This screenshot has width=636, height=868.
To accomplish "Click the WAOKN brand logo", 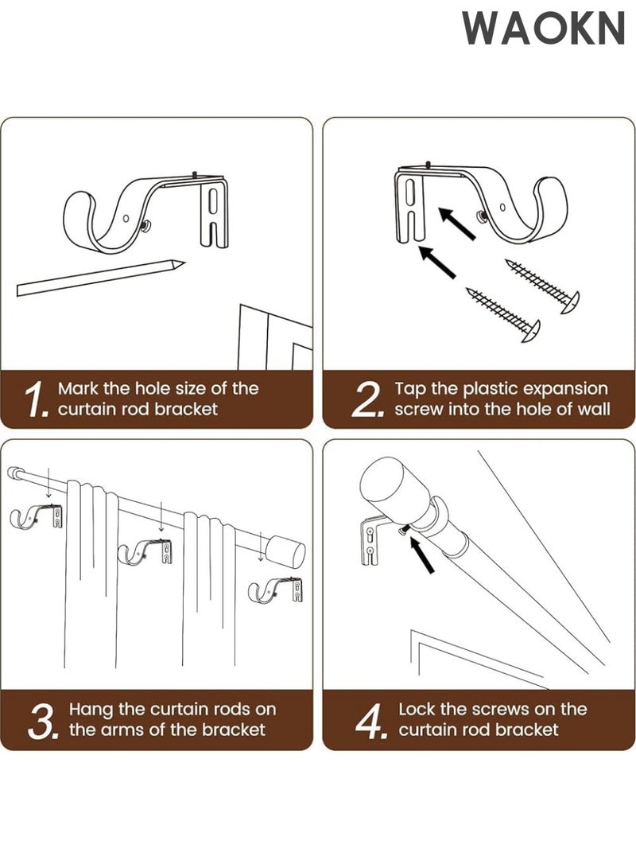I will (544, 29).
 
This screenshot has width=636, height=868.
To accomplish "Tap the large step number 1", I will (37, 399).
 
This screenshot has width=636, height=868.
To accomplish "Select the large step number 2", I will (368, 399).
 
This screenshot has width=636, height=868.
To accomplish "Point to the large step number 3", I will (41, 719).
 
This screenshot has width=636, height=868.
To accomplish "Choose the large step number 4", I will (370, 719).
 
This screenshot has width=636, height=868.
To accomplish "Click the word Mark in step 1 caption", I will (79, 388).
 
